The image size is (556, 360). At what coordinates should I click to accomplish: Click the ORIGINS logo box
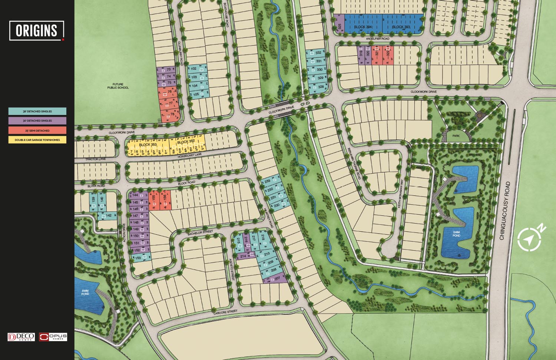pos(37,30)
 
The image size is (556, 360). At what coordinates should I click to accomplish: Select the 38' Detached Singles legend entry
pos(37,111)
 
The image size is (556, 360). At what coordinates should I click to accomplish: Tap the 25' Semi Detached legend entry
pos(37,131)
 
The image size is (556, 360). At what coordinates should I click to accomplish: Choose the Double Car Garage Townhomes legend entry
pos(37,140)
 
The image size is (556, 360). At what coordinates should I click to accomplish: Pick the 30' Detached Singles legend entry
pos(37,120)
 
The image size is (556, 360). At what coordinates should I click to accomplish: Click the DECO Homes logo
pos(21,337)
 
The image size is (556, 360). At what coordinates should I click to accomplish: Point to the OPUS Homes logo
pos(53,337)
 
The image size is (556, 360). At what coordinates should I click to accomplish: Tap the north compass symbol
pos(530,239)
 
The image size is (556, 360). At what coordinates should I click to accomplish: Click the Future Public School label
pos(118,86)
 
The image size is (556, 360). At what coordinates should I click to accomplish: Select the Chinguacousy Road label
pos(507,211)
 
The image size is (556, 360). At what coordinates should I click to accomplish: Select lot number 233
pos(268,181)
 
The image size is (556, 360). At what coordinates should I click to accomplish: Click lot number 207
pos(277,278)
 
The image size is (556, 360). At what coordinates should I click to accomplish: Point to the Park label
pos(456,136)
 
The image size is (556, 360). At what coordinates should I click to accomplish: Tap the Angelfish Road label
pos(377,39)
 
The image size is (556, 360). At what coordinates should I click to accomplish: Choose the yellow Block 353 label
pos(148,145)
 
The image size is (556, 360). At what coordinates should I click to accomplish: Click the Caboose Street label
pos(225,313)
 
